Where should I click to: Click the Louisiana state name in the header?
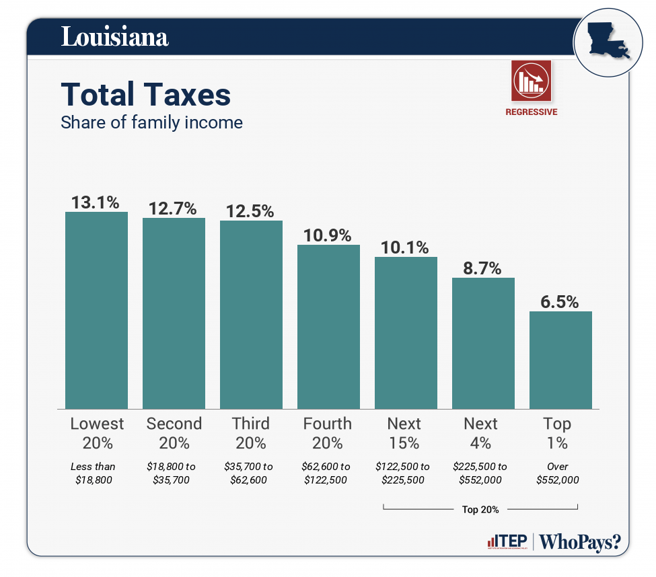coord(114,36)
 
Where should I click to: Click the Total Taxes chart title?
coord(146,95)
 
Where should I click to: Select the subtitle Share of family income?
coord(151,122)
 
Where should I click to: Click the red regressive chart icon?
coord(532,81)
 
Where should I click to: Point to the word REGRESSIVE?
coord(532,112)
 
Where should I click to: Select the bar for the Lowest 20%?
coord(96,310)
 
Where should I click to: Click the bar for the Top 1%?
coord(560,360)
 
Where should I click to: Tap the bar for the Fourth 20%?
coord(328,326)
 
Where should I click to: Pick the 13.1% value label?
coord(96,202)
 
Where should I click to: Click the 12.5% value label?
coord(250,210)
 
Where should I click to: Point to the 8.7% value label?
coord(483,268)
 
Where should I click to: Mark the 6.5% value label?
coord(560,302)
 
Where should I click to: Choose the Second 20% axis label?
coord(174,433)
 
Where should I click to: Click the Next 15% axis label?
coord(404,433)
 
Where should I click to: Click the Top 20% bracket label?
coord(480,510)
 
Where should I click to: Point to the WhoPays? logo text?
coord(580,542)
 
